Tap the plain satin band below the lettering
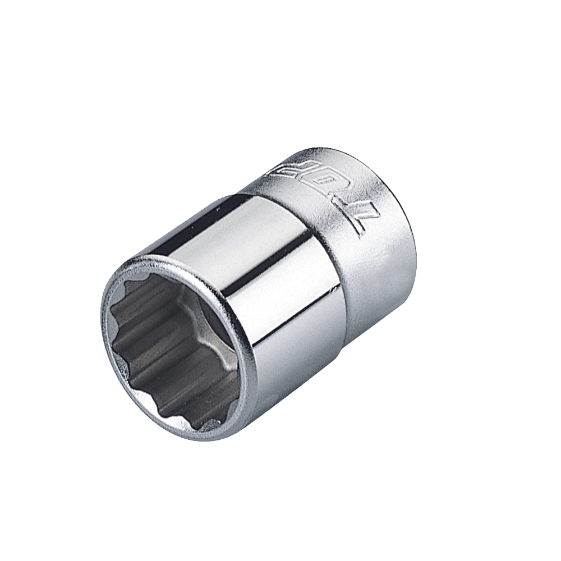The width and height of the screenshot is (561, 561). [381, 264]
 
